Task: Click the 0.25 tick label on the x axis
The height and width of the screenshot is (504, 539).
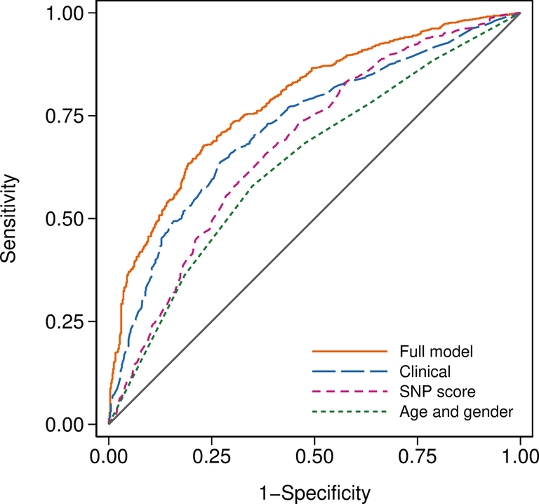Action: pyautogui.click(x=211, y=456)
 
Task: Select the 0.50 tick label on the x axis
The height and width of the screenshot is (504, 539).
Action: pyautogui.click(x=314, y=456)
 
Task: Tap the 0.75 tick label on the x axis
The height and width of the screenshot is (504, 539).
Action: pyautogui.click(x=417, y=456)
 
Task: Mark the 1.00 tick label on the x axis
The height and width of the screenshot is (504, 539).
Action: pyautogui.click(x=519, y=456)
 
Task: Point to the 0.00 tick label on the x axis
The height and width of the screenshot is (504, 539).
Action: pyautogui.click(x=109, y=456)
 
